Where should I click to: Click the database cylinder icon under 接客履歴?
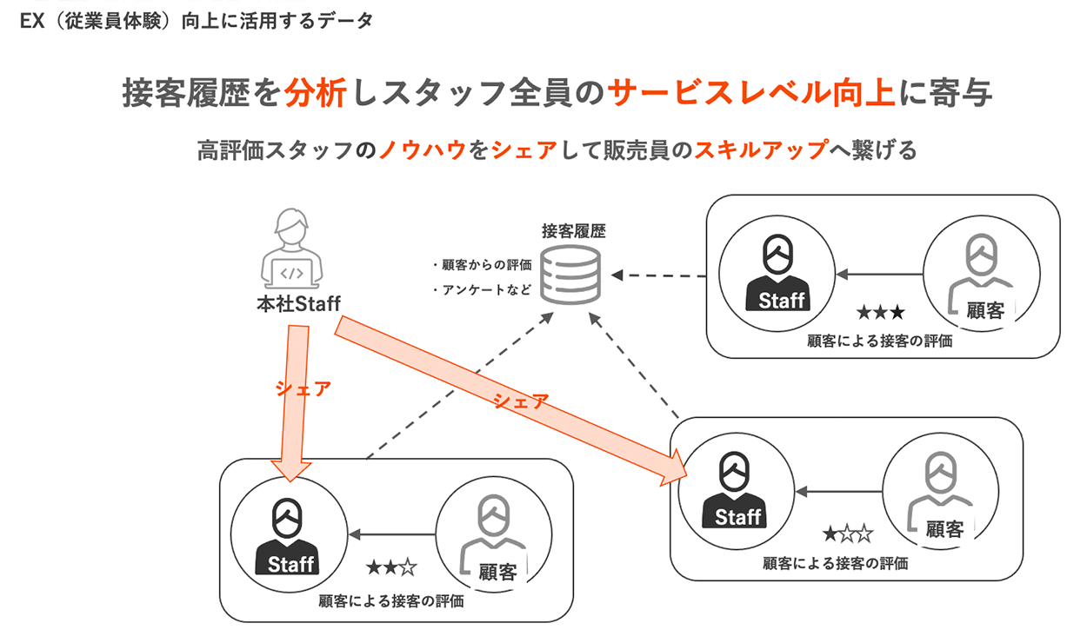570,274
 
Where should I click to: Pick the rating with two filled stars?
391,568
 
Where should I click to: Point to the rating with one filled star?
847,534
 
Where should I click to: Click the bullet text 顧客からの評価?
482,265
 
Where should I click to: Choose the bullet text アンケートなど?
482,290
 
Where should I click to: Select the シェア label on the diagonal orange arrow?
521,401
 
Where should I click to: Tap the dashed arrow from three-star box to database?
661,275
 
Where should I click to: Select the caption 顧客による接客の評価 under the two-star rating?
390,600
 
